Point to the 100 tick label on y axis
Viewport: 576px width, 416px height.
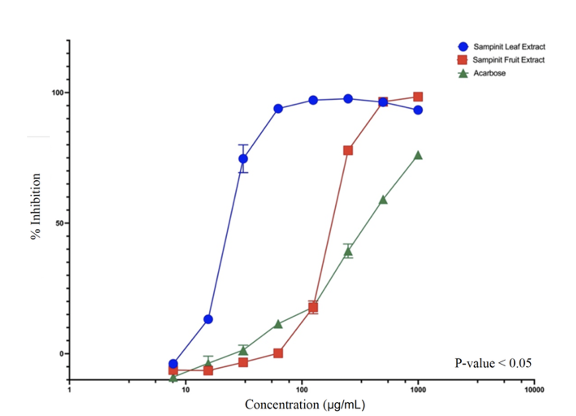pos(57,93)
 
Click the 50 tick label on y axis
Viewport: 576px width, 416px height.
pos(59,224)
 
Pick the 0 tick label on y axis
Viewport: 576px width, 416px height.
pos(62,354)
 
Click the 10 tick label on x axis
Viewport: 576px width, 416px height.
pos(186,389)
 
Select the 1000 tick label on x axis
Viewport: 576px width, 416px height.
pos(418,389)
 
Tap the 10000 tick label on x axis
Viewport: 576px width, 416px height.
pos(534,389)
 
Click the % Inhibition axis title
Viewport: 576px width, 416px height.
pos(36,206)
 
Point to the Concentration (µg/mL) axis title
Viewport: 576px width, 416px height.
pos(305,405)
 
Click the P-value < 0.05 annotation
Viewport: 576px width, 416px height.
pos(493,363)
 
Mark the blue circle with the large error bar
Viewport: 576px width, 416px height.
pos(243,159)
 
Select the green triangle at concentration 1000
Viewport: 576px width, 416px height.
pos(418,155)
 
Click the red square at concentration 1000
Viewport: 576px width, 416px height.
pos(418,97)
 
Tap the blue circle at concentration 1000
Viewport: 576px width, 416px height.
pos(418,110)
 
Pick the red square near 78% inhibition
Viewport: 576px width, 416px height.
pos(348,150)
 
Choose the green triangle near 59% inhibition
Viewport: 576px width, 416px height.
pos(383,200)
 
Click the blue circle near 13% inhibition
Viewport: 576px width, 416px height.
pos(208,319)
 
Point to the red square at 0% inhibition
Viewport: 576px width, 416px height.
pos(278,353)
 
